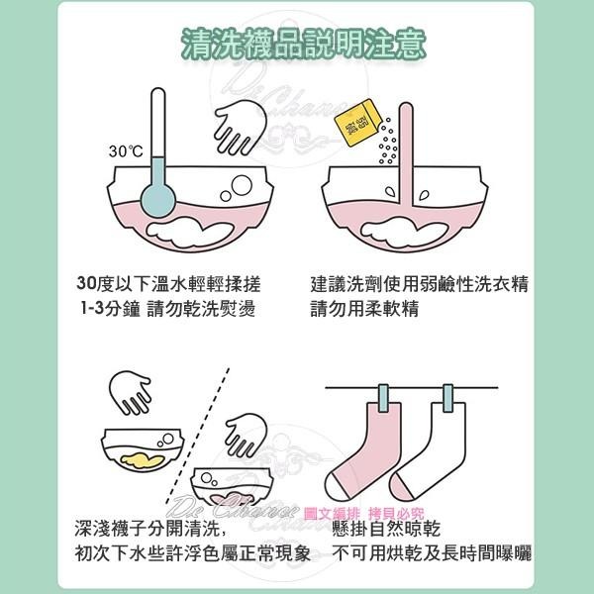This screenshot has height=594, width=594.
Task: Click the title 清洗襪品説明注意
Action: coord(297,44)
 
